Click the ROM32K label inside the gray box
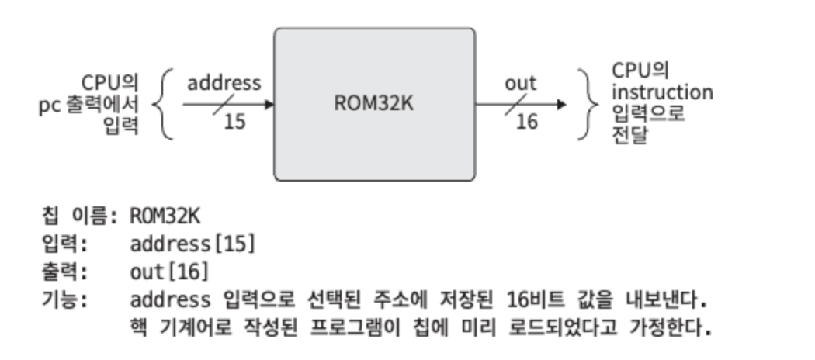click(x=373, y=104)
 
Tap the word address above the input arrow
click(x=224, y=82)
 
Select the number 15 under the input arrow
click(x=234, y=122)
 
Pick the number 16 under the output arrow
click(x=526, y=122)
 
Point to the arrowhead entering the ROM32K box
click(x=269, y=104)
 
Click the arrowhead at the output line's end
click(x=561, y=104)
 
